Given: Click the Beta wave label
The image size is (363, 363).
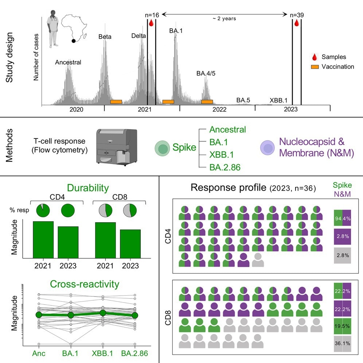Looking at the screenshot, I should (105, 37).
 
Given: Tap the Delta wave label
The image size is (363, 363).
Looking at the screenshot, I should (138, 36).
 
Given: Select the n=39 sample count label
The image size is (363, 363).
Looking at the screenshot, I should (297, 15).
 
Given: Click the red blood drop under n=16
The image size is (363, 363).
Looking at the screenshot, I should (151, 24).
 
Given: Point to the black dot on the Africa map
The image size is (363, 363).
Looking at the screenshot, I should (74, 41).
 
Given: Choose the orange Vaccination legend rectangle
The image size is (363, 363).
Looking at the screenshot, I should (315, 67).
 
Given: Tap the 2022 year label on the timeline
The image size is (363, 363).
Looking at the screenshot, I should (219, 109).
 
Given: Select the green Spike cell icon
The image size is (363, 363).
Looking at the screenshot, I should (162, 148).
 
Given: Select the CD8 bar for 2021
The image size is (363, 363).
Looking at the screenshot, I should (106, 240).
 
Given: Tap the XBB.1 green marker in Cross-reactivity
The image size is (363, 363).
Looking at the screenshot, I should (103, 313).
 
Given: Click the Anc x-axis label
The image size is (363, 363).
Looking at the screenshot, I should (39, 353).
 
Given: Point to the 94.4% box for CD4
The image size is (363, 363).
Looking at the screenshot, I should (343, 219).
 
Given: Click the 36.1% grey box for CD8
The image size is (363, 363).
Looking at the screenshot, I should (343, 343).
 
